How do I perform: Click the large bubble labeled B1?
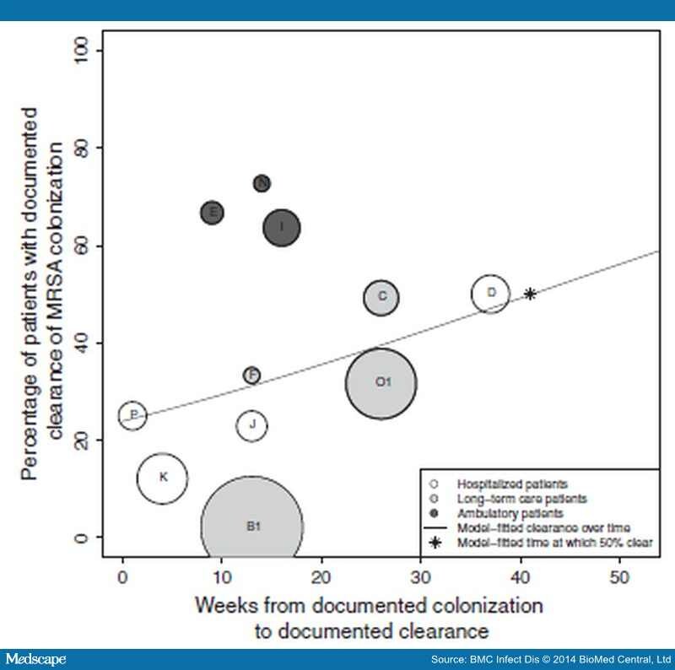[x=252, y=527]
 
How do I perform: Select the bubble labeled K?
[x=162, y=478]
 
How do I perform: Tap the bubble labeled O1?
[x=381, y=382]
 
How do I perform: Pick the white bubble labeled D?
[x=490, y=294]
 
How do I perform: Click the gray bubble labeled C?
[x=381, y=296]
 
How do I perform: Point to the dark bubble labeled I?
[x=282, y=226]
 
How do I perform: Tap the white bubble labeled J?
[x=252, y=424]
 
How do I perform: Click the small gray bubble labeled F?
[x=251, y=375]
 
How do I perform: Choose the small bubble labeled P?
[x=132, y=415]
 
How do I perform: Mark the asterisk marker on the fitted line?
[x=530, y=294]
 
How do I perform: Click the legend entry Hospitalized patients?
[x=512, y=484]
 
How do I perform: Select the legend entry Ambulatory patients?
[x=510, y=512]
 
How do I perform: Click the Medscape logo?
[x=35, y=658]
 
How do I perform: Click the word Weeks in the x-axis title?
[x=221, y=607]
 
